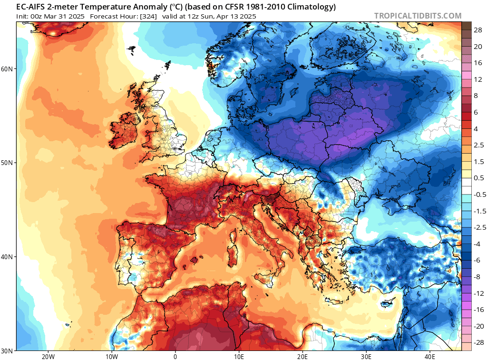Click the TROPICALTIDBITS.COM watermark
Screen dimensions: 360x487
point(418,16)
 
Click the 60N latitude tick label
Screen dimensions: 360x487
point(8,69)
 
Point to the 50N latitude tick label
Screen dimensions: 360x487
point(8,163)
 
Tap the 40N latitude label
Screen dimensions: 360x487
point(8,257)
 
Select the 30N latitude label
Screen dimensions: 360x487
point(8,350)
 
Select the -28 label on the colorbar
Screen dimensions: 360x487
point(477,343)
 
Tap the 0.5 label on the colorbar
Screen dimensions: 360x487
point(478,178)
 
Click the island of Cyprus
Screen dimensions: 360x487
point(388,303)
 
